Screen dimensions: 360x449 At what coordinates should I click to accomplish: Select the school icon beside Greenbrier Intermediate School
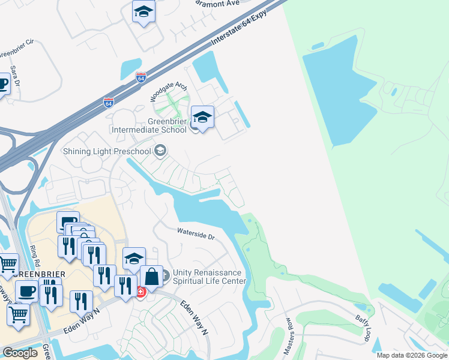tap(202, 117)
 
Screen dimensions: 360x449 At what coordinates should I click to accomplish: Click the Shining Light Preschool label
tap(106, 151)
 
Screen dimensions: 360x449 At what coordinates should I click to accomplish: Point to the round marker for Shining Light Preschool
tap(160, 150)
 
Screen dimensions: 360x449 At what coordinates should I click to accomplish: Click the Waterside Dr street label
tap(196, 233)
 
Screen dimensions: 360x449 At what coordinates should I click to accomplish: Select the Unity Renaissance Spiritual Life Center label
tap(209, 277)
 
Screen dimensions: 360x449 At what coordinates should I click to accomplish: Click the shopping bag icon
tap(152, 277)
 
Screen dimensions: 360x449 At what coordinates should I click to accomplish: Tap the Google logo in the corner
tap(20, 353)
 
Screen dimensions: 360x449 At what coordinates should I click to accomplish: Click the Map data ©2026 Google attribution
tap(412, 355)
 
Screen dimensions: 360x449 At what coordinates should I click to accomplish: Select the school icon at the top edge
tap(143, 11)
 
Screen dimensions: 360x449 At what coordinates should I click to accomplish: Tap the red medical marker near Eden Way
tap(140, 292)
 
